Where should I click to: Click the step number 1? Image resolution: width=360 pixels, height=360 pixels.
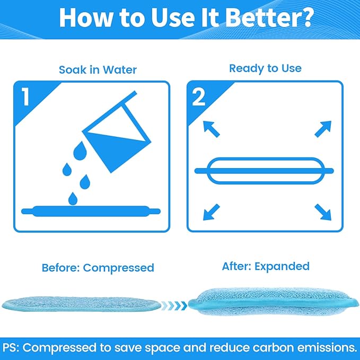[x=25, y=97]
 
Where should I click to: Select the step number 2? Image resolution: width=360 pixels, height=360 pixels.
[x=198, y=98]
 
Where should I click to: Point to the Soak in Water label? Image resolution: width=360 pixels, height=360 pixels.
[x=98, y=70]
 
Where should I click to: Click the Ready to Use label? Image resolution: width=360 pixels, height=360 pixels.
[x=265, y=68]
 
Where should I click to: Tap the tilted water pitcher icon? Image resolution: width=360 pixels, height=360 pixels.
[x=117, y=131]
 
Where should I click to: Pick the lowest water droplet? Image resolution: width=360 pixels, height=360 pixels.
[x=73, y=199]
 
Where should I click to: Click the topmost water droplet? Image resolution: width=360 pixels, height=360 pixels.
[x=80, y=151]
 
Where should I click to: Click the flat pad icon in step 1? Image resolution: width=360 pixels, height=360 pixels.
[x=91, y=211]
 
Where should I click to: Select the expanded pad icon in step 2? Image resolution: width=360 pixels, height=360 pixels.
[x=264, y=171]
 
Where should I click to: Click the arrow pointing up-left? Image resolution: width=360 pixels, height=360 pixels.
[x=212, y=129]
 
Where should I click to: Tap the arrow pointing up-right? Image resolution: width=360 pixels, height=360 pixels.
[x=323, y=129]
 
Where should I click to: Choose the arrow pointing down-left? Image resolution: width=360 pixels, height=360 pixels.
[x=212, y=212]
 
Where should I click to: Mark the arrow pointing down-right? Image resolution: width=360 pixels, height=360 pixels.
[x=323, y=212]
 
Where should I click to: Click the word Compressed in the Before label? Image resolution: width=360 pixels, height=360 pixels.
[x=118, y=268]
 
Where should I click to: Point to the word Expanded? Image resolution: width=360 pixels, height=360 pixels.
[x=282, y=266]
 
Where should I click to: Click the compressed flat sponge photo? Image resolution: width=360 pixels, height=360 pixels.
[x=82, y=304]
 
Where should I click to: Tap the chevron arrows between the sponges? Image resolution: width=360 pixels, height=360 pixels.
[x=174, y=305]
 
